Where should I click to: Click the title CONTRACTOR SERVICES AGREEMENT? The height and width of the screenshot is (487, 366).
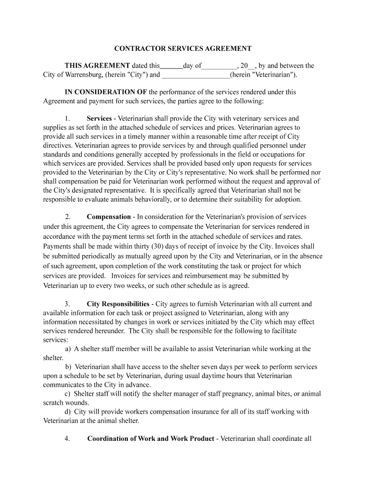183,49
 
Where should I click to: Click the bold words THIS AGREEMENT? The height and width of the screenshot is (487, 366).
97,66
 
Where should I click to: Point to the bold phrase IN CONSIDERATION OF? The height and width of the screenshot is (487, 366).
106,92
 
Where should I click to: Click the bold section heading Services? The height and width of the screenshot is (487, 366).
99,118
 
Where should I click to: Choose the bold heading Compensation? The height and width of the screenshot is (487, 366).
108,217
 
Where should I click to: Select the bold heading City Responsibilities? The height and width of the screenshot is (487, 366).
118,304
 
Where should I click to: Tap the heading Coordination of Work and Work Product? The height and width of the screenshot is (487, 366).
151,438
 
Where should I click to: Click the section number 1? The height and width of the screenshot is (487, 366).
67,118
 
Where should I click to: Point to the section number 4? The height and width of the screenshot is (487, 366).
67,438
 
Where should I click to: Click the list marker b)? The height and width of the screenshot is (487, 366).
68,367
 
